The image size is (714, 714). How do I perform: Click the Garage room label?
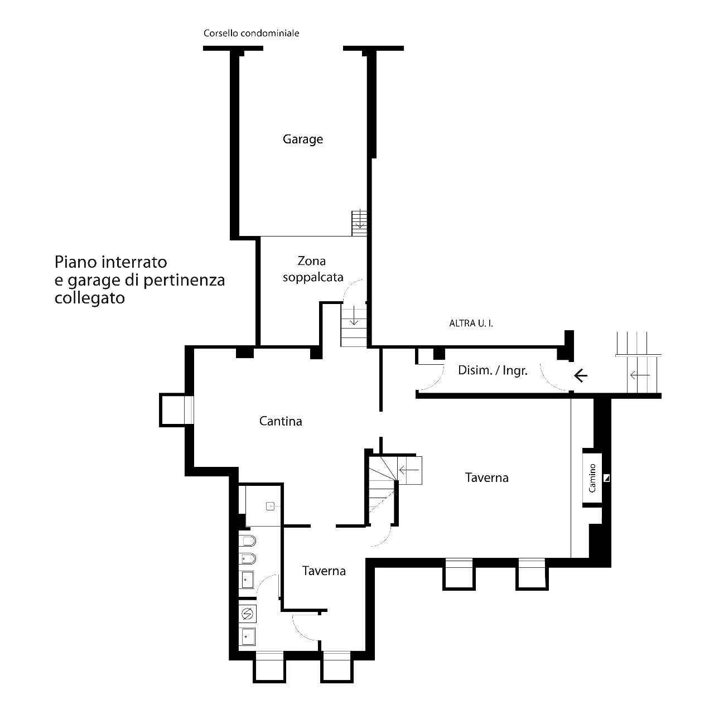303,139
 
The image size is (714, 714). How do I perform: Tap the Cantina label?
281,421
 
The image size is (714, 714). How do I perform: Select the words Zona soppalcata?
313,269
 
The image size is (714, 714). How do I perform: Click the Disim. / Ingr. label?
493,370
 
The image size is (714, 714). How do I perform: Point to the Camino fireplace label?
592,478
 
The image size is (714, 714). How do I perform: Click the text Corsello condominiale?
251,33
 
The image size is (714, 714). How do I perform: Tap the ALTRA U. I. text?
471,324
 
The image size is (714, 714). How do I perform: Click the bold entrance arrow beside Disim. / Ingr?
581,376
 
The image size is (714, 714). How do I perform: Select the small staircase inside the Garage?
359,223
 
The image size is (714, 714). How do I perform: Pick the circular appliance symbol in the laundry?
247,615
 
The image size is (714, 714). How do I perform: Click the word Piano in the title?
76,263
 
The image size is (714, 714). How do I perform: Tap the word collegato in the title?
90,298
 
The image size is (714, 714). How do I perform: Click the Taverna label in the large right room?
486,477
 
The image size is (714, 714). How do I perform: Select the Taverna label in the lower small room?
324,571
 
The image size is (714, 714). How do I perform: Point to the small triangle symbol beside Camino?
606,478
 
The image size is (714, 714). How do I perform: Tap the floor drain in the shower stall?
270,506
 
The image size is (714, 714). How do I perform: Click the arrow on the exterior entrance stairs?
640,375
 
